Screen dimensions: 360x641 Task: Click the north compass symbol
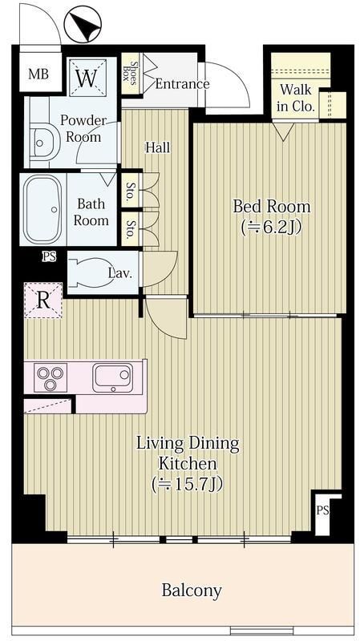point(83,25)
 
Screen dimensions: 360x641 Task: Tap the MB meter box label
point(38,74)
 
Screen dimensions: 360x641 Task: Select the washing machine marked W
point(87,78)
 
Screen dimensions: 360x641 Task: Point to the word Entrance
point(182,84)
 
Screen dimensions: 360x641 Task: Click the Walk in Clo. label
point(296,98)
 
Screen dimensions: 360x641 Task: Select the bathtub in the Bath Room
point(42,209)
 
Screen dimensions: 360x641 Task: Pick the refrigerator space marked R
point(43,300)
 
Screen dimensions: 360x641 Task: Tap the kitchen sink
point(112,377)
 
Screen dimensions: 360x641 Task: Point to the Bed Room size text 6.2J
point(272,227)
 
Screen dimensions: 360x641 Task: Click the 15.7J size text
point(188,485)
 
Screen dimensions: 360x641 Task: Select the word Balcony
point(192,591)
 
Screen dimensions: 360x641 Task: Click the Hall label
point(158,147)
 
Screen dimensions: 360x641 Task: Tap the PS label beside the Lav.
point(50,256)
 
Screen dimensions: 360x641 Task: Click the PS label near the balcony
point(322,510)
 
